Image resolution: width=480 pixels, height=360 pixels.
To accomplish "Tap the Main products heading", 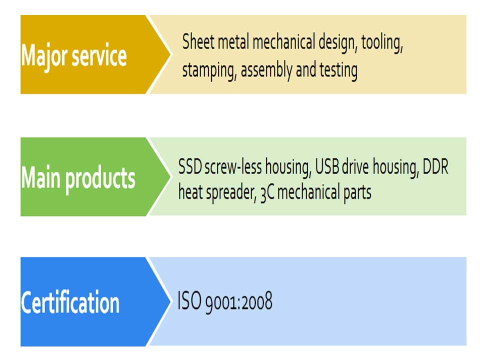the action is tap(78, 179).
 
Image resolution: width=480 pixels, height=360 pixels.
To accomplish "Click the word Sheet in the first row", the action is tap(198, 41).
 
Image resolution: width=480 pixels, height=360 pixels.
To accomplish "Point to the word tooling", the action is tap(382, 43).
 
